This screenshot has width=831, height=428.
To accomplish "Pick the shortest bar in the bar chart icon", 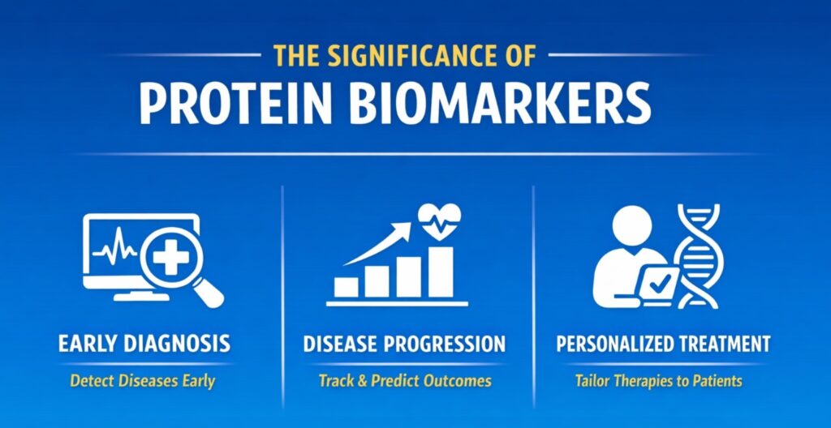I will click(x=346, y=286).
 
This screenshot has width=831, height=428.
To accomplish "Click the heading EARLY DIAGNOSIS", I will click(x=144, y=344).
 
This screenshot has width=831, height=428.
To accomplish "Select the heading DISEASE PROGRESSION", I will click(x=404, y=344).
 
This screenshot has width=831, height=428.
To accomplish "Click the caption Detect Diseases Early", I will click(x=144, y=381).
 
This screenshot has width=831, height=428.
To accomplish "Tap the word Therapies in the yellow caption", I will click(x=641, y=381).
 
